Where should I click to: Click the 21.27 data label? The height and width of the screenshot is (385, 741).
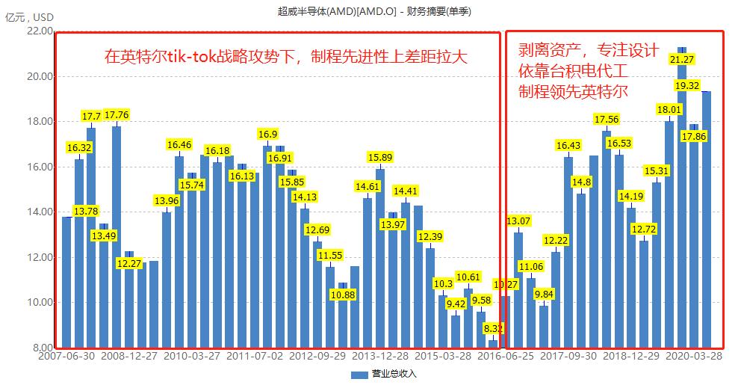click(x=681, y=59)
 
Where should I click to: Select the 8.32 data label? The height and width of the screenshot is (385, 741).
click(x=493, y=327)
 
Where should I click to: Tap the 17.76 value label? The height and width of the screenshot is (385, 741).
click(x=117, y=115)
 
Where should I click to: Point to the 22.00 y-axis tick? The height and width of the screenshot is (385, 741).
click(x=40, y=31)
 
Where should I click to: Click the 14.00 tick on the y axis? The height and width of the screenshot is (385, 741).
click(x=40, y=212)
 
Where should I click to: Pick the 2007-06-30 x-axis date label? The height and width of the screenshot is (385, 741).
click(x=67, y=357)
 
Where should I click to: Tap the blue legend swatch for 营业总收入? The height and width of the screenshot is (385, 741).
click(x=361, y=373)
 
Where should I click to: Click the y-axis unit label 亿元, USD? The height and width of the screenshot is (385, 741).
click(x=30, y=17)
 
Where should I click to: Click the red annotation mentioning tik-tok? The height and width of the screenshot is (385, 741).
click(x=285, y=57)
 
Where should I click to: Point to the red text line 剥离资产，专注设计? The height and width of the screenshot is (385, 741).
click(x=589, y=52)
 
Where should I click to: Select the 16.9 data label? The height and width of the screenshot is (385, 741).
click(x=267, y=135)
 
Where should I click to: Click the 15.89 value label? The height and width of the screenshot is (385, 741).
click(x=380, y=158)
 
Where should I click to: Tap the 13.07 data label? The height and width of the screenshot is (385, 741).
click(x=518, y=221)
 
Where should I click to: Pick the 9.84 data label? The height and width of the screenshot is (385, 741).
click(x=544, y=294)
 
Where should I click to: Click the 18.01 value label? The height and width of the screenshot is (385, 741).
click(x=669, y=110)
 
